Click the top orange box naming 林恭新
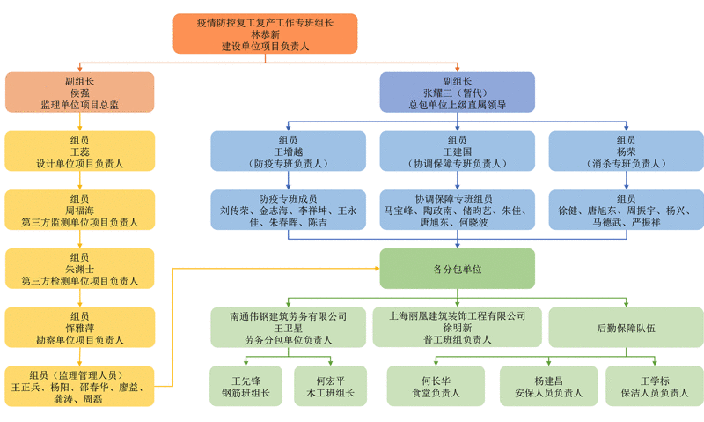(x=265, y=33)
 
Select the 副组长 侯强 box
(x=79, y=93)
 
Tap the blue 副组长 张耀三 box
(x=457, y=93)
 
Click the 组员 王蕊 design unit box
(x=79, y=152)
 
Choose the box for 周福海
(x=79, y=211)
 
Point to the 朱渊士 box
(x=79, y=269)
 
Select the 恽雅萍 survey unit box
(x=79, y=327)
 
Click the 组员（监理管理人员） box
(x=79, y=386)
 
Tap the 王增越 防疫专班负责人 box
(x=288, y=152)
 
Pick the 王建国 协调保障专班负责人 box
(x=457, y=152)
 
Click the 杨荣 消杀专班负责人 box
(x=626, y=152)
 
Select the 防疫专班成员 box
(x=288, y=211)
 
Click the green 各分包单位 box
(x=457, y=269)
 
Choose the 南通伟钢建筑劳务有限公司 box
(x=288, y=327)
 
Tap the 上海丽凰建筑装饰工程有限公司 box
(x=457, y=327)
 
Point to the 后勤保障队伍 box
(x=626, y=327)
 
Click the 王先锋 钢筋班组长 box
(x=246, y=386)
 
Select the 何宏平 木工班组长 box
(x=330, y=386)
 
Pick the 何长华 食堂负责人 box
(x=436, y=386)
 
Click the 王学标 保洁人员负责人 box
(x=652, y=386)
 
